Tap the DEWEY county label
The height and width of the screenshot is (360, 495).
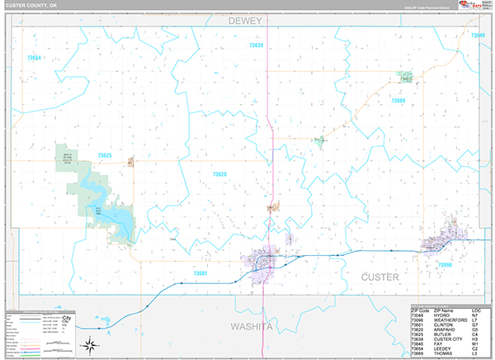(246, 20)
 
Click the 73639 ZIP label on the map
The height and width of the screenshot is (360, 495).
(256, 45)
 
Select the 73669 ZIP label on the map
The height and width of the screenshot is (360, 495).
(398, 100)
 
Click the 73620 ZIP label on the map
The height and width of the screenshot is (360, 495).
(219, 174)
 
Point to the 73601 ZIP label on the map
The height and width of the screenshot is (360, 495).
(200, 272)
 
